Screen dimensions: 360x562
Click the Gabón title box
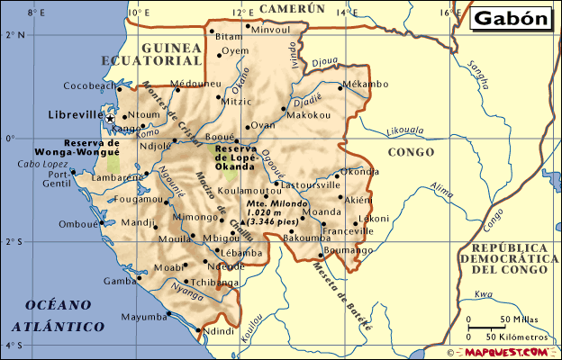(511, 19)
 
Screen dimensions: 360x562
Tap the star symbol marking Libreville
(110, 118)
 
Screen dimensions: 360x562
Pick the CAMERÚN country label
(291, 8)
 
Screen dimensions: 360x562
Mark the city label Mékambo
(365, 85)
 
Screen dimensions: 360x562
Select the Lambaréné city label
(112, 178)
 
